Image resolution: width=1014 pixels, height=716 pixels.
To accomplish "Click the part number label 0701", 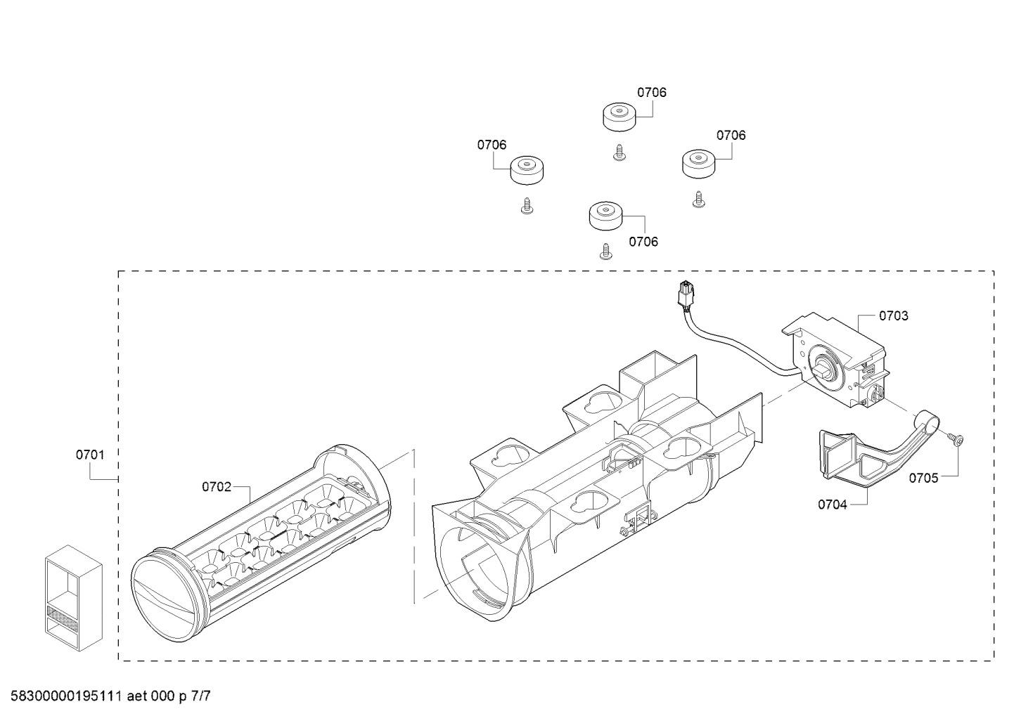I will [x=90, y=455].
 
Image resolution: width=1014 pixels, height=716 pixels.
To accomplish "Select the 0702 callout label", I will [x=216, y=486].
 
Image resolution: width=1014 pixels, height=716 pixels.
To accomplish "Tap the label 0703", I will [x=893, y=315].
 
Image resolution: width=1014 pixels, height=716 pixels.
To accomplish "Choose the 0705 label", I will [x=923, y=479].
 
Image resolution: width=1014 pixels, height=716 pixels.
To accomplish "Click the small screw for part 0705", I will [x=954, y=439].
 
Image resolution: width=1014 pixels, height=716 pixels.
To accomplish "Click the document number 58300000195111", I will [x=63, y=697].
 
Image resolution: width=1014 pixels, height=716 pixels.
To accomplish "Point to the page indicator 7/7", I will [x=200, y=697].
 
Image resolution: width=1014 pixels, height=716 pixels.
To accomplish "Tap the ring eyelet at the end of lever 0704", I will [x=924, y=422].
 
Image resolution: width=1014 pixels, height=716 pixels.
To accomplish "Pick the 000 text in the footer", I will [x=164, y=697].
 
